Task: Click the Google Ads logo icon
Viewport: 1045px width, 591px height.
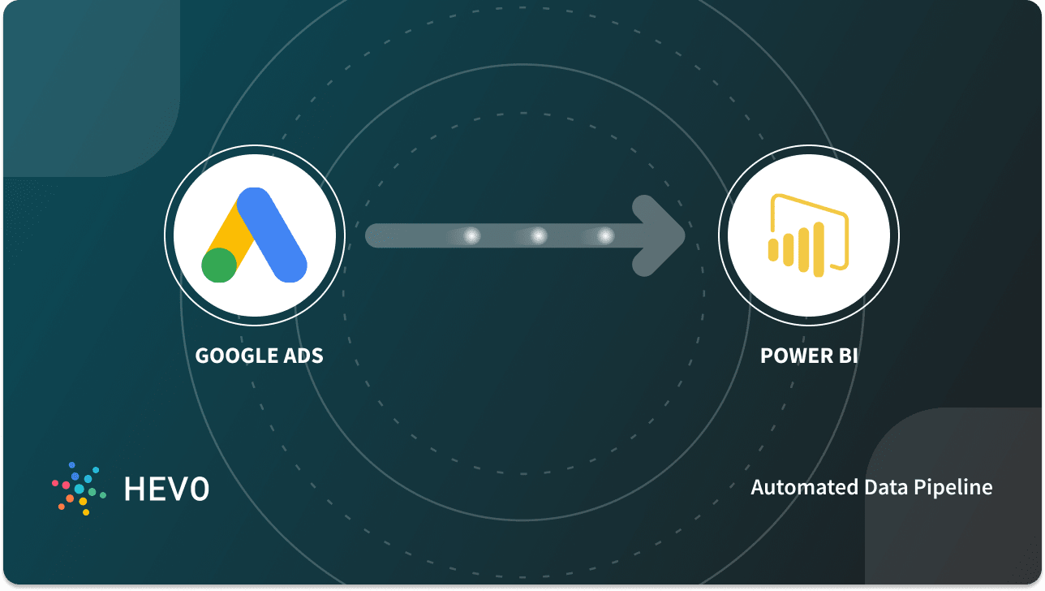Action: (255, 236)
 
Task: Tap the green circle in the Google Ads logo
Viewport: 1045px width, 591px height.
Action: (219, 265)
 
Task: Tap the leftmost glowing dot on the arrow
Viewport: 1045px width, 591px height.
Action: (471, 236)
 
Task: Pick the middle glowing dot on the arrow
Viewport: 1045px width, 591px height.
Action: (538, 236)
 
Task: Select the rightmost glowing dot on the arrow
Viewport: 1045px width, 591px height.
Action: (605, 236)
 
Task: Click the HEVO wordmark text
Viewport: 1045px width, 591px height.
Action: (166, 488)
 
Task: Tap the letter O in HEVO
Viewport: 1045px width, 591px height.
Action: (199, 488)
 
